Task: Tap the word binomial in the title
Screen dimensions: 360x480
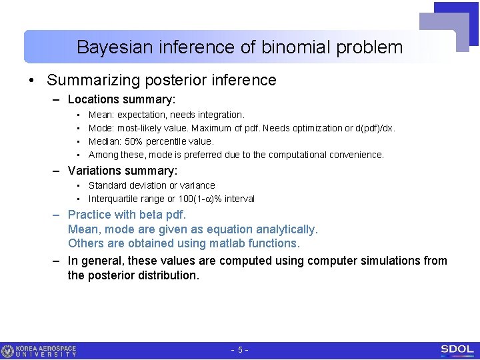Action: pyautogui.click(x=295, y=47)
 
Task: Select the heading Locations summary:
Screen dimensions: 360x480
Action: pyautogui.click(x=121, y=100)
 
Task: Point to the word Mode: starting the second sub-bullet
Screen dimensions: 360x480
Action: pyautogui.click(x=101, y=129)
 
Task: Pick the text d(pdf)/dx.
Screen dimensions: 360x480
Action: pyautogui.click(x=374, y=129)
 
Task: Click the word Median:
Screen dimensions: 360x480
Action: pyautogui.click(x=105, y=141)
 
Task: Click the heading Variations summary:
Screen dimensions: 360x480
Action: pyautogui.click(x=123, y=171)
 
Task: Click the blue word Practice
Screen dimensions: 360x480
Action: pyautogui.click(x=89, y=215)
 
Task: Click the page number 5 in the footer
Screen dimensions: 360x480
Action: pyautogui.click(x=240, y=350)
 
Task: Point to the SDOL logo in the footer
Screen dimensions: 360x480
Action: pyautogui.click(x=457, y=350)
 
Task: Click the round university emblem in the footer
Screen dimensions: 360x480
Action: pyautogui.click(x=8, y=351)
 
